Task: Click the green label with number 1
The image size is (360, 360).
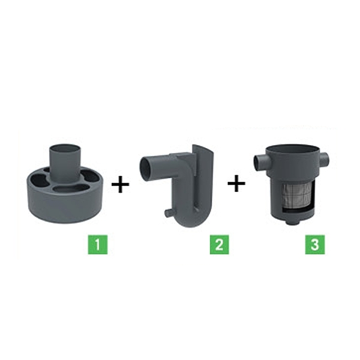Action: point(98,245)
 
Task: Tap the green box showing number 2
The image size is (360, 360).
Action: point(219,245)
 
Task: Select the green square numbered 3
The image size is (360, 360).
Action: point(315,245)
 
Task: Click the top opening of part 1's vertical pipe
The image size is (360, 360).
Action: point(64,147)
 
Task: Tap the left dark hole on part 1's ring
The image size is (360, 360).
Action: point(40,181)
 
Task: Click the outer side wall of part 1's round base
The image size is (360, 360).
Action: point(64,206)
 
